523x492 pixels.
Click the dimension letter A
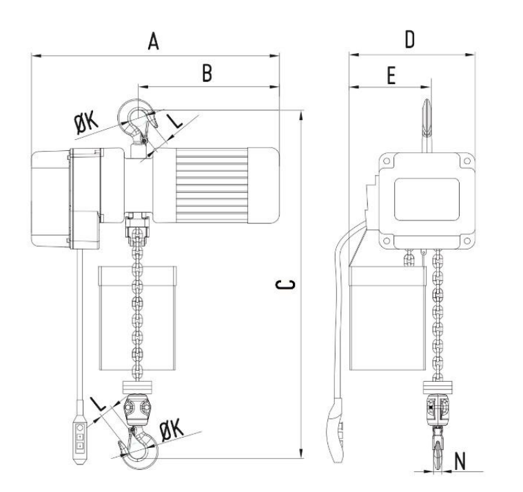(153, 41)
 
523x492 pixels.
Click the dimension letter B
(207, 73)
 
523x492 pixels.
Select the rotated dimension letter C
(285, 284)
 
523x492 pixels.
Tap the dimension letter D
(409, 39)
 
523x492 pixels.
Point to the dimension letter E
(391, 75)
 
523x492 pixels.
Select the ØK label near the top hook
(86, 123)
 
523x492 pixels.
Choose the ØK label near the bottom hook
(172, 429)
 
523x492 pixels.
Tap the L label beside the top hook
(174, 121)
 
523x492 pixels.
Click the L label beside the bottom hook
(99, 404)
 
